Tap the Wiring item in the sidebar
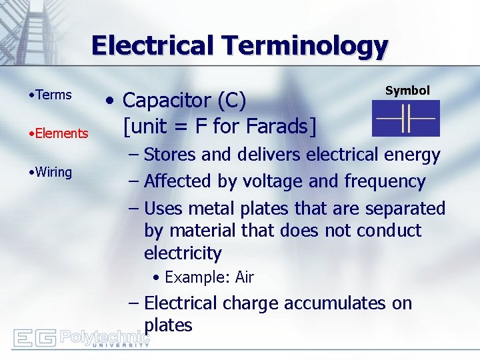53,172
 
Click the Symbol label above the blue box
407,91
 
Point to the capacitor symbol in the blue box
405,119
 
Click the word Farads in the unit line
279,125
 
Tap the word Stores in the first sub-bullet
170,155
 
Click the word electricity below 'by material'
182,253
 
